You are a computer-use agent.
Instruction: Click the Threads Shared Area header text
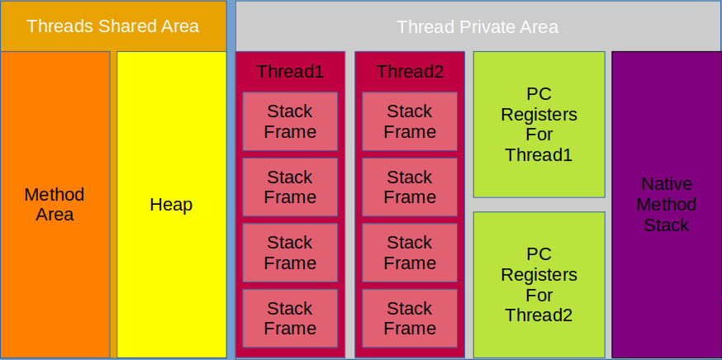point(113,26)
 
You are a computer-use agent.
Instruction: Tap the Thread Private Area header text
point(477,26)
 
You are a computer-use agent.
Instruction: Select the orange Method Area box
point(55,205)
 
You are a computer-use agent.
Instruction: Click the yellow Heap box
point(171,205)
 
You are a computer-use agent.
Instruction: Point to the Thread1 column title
point(290,71)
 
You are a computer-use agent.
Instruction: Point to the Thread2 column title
point(410,71)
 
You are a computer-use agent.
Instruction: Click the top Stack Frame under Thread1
point(290,121)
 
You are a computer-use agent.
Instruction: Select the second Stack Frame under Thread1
point(290,187)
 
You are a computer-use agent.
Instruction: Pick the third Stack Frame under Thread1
point(290,253)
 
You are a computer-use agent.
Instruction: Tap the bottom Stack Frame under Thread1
point(290,318)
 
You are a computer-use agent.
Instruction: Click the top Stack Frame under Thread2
point(410,121)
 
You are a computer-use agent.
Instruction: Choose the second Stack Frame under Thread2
point(410,187)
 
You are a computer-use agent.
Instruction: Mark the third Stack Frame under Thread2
point(410,253)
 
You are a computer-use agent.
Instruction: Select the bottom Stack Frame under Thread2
point(410,318)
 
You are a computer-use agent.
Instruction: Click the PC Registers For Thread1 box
point(539,125)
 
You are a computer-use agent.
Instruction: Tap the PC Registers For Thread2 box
point(539,285)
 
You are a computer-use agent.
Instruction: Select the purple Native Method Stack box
point(667,205)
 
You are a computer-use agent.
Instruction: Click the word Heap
point(171,205)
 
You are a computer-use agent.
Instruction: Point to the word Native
point(667,184)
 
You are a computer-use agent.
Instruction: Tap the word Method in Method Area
point(55,194)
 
